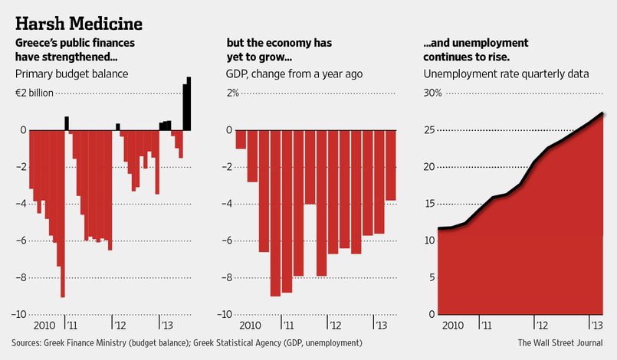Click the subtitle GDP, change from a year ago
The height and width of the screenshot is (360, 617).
(x=294, y=74)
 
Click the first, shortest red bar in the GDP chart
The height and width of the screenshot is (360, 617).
(x=241, y=139)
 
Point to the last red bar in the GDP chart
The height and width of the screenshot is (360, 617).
(x=390, y=165)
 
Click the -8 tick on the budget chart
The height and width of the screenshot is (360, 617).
(x=22, y=277)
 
